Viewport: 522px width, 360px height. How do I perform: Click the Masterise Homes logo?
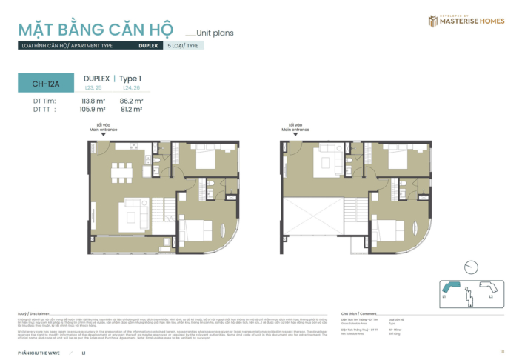coord(466,21)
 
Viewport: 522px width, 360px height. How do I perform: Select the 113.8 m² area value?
coord(93,100)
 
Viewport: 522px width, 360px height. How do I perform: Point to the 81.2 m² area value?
coord(131,109)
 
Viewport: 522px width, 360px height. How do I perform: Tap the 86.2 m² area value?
coord(131,100)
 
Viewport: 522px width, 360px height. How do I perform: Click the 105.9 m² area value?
coord(93,109)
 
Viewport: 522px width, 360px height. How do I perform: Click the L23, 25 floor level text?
coord(94,88)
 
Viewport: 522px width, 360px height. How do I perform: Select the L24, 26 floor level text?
coord(132,88)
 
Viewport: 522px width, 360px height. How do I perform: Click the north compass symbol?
coord(470,267)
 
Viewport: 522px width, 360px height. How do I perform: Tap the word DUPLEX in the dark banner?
coord(147,45)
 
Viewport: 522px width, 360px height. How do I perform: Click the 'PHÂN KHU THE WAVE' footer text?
coord(41,352)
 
